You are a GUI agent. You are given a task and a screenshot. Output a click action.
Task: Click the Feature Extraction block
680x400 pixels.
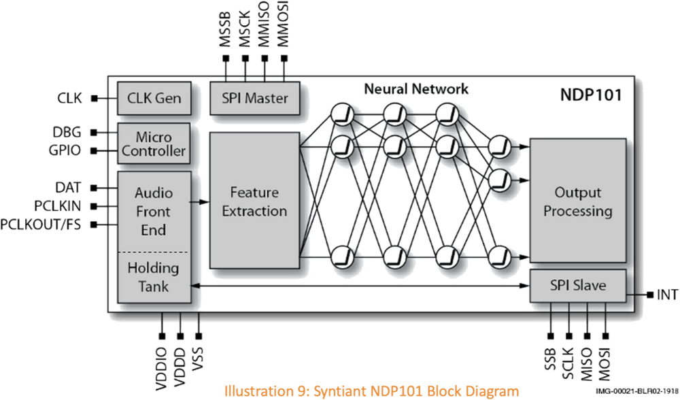254,201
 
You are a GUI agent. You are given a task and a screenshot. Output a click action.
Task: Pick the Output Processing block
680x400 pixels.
577,201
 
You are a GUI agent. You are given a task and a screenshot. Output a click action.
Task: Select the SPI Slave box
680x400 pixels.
577,285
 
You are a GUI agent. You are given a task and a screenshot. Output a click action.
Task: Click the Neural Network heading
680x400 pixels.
416,89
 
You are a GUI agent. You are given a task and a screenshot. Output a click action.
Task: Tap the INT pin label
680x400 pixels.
667,295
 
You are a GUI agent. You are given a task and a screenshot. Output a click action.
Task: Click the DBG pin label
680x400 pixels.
70,131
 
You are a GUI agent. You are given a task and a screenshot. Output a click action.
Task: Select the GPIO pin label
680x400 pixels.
68,149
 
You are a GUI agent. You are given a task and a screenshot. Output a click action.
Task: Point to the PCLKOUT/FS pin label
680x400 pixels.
42,224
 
